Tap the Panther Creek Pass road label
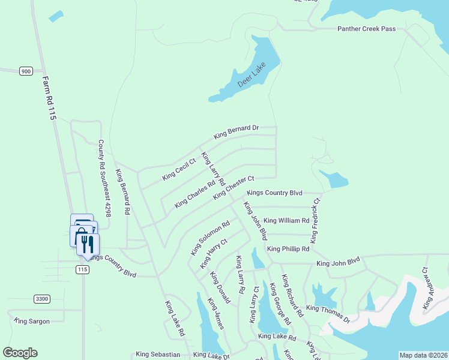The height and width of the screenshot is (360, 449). pos(367,28)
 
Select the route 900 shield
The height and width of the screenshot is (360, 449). pos(25,71)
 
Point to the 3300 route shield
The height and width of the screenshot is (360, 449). pos(41,299)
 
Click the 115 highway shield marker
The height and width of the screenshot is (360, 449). pos(83,270)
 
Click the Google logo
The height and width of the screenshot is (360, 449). pos(20,353)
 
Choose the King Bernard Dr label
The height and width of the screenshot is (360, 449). pos(237,131)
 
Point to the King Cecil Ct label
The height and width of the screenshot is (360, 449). pos(179,169)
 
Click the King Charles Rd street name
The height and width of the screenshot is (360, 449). pos(194,195)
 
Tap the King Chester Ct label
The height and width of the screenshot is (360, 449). pos(234,187)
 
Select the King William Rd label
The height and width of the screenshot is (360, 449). pos(286,220)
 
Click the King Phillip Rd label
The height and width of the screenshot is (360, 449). pos(288,248)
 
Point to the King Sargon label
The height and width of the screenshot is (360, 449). pos(32,322)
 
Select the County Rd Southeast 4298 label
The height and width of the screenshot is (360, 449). pos(104,179)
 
